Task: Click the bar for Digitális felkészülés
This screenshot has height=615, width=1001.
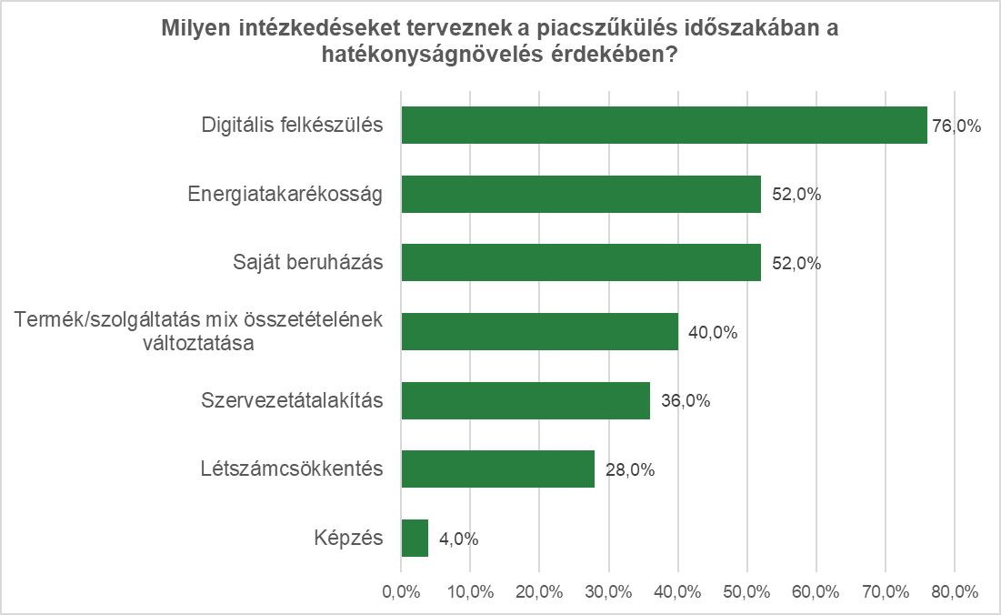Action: point(664,126)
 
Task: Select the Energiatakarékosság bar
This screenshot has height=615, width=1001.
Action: point(581,194)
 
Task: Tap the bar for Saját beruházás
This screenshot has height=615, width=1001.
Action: point(581,263)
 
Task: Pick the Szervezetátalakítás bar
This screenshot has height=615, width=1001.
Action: point(526,400)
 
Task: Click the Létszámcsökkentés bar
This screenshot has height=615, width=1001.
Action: point(497,469)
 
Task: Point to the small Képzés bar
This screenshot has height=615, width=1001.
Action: point(415,539)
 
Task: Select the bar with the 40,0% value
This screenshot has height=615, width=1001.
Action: point(539,332)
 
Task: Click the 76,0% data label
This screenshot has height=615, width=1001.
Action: point(956,126)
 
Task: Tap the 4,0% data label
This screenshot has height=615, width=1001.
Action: point(458,539)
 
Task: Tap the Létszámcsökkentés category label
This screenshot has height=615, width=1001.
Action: point(291,469)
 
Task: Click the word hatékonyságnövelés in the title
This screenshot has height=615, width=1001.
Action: point(426,55)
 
